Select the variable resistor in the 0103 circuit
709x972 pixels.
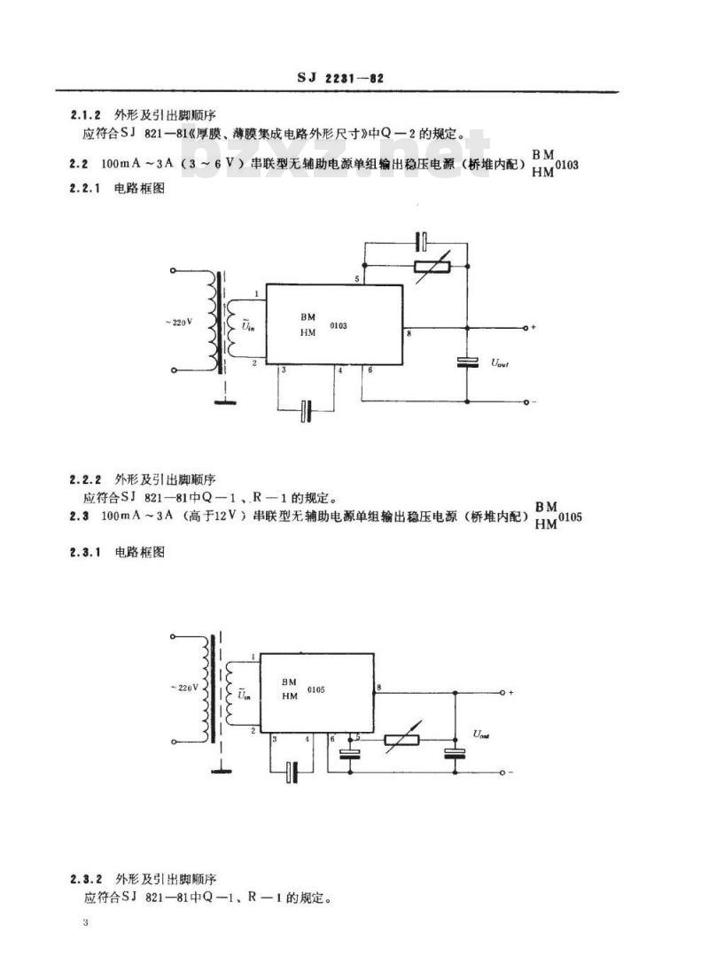(x=433, y=265)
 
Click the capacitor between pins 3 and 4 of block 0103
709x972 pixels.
(x=307, y=409)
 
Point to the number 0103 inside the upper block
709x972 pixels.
(x=338, y=326)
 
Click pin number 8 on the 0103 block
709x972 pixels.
(x=409, y=334)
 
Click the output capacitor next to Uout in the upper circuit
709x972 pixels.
(x=467, y=362)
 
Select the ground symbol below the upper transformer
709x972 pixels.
(x=229, y=400)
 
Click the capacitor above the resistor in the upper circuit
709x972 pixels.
(x=424, y=238)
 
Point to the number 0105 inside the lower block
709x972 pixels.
(x=317, y=689)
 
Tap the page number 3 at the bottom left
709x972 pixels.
(x=85, y=923)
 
